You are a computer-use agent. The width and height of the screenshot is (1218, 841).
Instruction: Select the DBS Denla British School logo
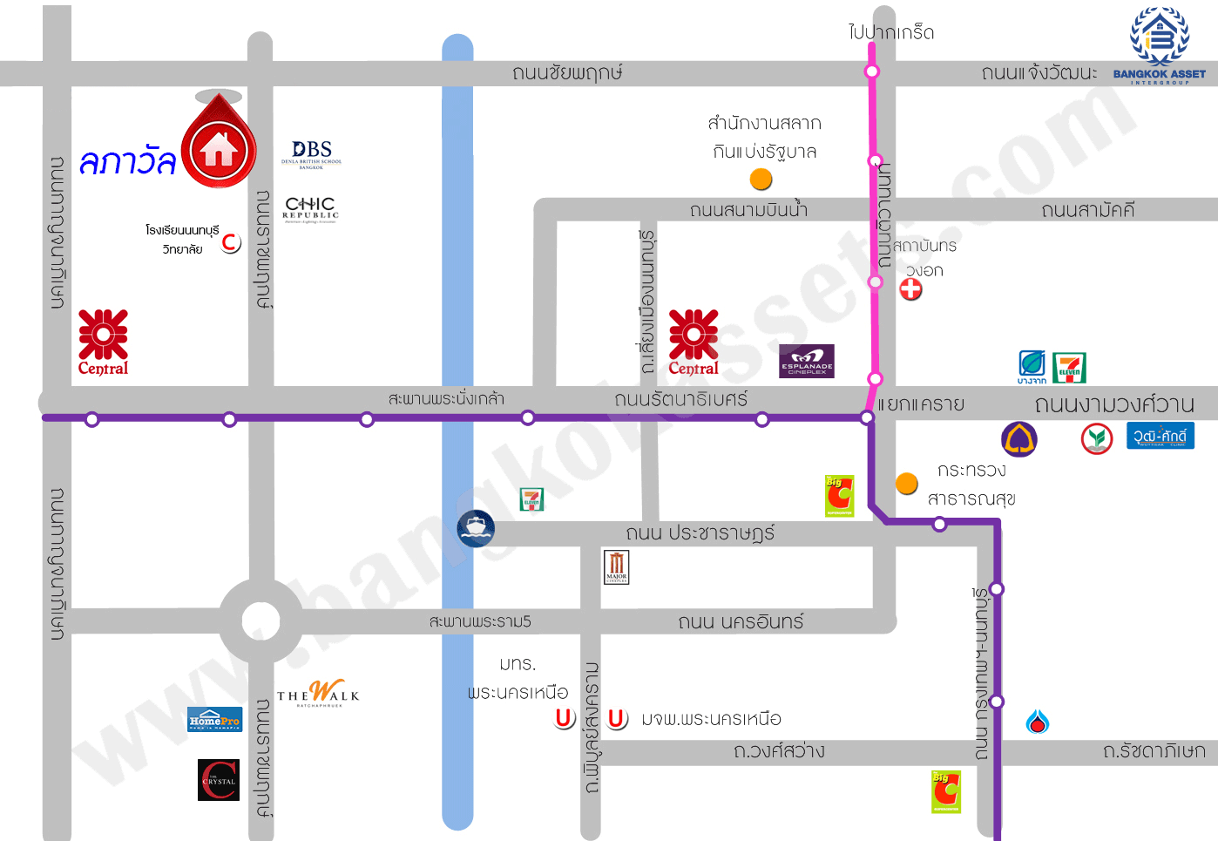click(x=311, y=153)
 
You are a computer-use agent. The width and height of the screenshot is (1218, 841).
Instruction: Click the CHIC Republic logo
click(x=310, y=209)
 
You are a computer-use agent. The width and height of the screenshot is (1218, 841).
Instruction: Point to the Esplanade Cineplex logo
click(x=806, y=361)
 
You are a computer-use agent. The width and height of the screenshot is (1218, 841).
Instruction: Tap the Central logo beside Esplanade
click(x=694, y=343)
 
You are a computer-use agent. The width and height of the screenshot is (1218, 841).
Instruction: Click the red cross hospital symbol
click(x=910, y=289)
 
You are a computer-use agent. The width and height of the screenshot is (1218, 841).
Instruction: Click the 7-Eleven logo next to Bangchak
click(x=1069, y=368)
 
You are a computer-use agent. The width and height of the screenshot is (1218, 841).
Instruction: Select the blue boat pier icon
click(x=476, y=528)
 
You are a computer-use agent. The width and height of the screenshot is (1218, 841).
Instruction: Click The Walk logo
click(x=318, y=694)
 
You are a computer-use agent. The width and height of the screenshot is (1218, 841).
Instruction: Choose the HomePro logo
click(x=214, y=720)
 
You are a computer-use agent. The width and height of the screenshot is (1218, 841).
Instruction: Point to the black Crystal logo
click(x=219, y=780)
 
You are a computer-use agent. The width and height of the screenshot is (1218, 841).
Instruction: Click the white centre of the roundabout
click(x=261, y=621)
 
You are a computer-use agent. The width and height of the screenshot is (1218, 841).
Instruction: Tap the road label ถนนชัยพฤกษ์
click(x=567, y=72)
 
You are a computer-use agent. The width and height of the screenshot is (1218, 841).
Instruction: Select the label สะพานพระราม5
click(x=480, y=621)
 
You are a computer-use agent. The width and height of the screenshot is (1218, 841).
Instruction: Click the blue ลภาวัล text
click(x=127, y=161)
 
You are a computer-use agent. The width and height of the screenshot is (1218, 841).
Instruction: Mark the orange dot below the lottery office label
click(x=761, y=180)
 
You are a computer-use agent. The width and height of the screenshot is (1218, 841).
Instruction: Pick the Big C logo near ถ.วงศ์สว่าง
click(x=945, y=791)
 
